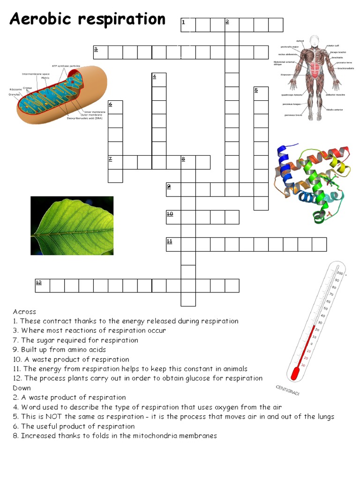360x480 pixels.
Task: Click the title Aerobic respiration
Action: pos(88,20)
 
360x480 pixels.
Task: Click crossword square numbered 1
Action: pos(188,25)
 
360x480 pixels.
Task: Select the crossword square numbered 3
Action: pos(101,52)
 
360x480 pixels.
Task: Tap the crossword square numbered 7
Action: pos(115,162)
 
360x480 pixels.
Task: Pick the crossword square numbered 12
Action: pos(43,285)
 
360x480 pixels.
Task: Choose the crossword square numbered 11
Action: pos(173,244)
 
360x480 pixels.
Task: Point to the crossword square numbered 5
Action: pos(261,94)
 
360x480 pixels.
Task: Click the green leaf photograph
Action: pos(72,225)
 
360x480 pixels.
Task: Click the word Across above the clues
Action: pos(24,312)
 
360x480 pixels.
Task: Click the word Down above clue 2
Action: pos(22,388)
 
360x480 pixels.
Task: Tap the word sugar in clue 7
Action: pos(44,340)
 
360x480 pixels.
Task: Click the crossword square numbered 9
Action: pos(173,189)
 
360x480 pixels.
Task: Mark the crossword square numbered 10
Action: pos(173,217)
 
